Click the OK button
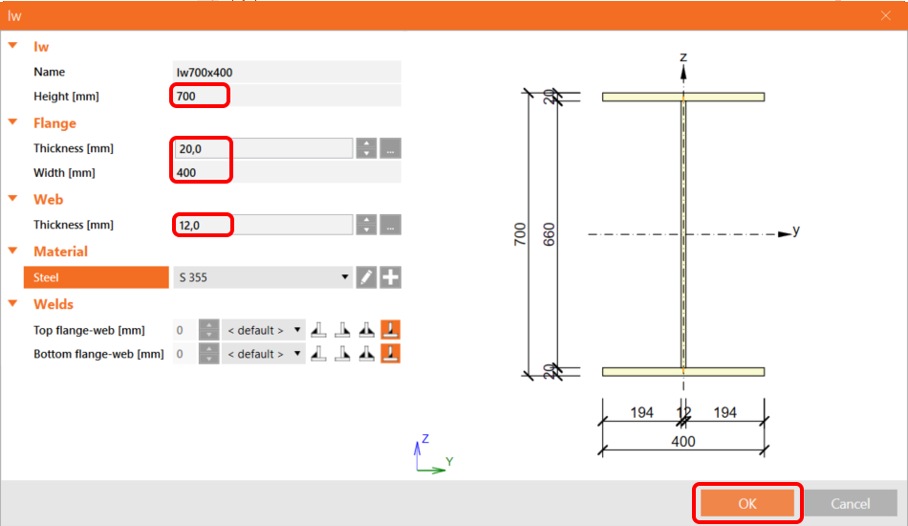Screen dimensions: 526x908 pyautogui.click(x=746, y=503)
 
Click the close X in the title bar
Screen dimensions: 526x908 pyautogui.click(x=885, y=15)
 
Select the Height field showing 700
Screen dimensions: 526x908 pyautogui.click(x=201, y=96)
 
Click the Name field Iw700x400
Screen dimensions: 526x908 pyautogui.click(x=285, y=72)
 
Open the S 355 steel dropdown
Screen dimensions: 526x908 pyautogui.click(x=263, y=277)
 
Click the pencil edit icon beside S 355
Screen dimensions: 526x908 pyautogui.click(x=366, y=277)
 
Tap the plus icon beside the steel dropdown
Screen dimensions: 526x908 pyautogui.click(x=390, y=277)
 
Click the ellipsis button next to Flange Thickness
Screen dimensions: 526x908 pyautogui.click(x=390, y=148)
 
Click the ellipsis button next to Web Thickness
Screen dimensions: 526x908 pyautogui.click(x=390, y=225)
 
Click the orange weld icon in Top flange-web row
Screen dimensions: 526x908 pyautogui.click(x=390, y=330)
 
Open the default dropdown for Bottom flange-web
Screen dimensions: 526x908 pyautogui.click(x=264, y=354)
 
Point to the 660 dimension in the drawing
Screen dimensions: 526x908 pyautogui.click(x=549, y=234)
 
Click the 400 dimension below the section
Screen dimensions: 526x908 pyautogui.click(x=683, y=441)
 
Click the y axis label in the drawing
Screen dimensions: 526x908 pyautogui.click(x=796, y=230)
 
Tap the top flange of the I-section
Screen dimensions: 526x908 pyautogui.click(x=683, y=97)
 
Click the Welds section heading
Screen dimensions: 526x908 pyautogui.click(x=54, y=304)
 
